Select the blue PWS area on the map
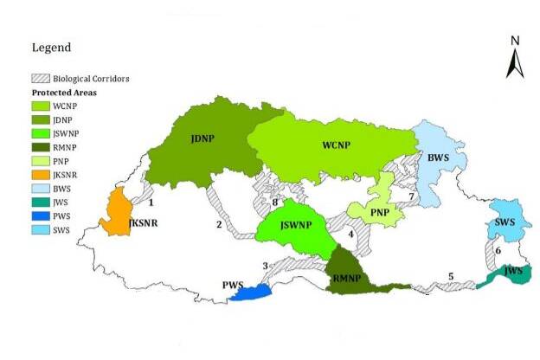(250, 294)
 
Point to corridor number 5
(451, 277)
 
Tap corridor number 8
(275, 203)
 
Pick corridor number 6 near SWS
(498, 250)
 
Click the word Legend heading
(51, 48)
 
